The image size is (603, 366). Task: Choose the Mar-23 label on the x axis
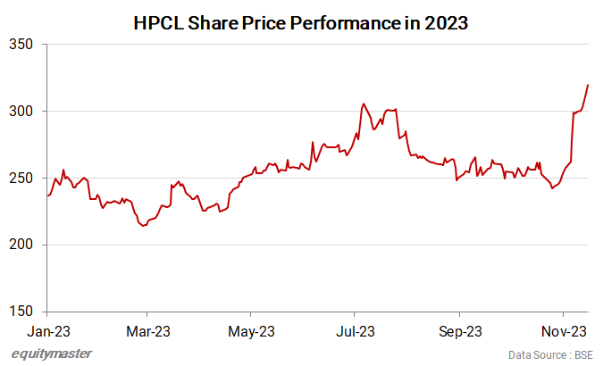tap(148, 331)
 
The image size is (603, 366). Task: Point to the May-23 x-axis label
tap(252, 331)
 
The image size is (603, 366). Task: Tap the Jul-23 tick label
tap(356, 331)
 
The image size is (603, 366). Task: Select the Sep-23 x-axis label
tap(460, 331)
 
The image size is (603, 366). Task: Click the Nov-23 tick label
tap(564, 331)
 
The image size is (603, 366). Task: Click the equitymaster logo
tap(53, 354)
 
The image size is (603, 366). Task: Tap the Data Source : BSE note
tap(550, 354)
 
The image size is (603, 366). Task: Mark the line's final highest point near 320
tap(588, 85)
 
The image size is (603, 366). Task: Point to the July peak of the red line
tap(363, 104)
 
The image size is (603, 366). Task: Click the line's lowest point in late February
tap(143, 226)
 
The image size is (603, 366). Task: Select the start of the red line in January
tap(47, 195)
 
